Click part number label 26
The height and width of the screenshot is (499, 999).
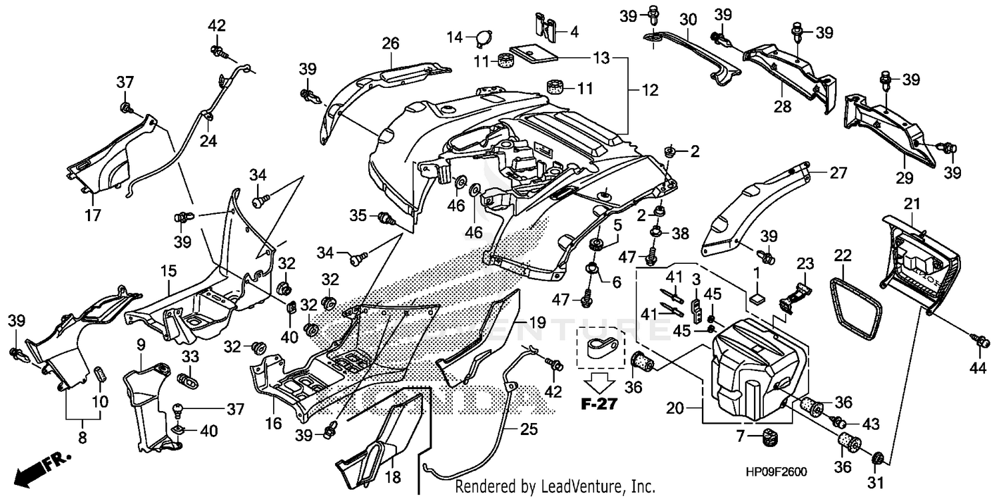[x=390, y=44]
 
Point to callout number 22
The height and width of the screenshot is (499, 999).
[x=843, y=256]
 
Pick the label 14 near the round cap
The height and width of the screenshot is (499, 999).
[x=454, y=37]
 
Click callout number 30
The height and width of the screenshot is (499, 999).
[x=688, y=19]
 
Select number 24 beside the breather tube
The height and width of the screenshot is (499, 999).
[x=209, y=141]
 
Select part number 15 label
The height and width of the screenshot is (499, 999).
[x=168, y=272]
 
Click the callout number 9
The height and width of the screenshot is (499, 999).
[x=141, y=344]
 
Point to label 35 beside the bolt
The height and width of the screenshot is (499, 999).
[x=358, y=215]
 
